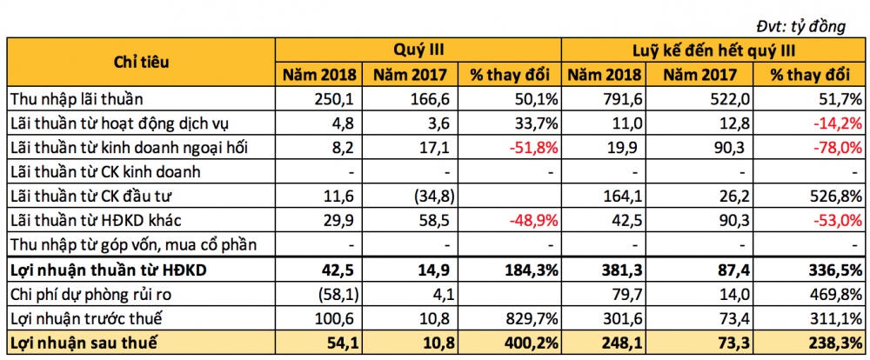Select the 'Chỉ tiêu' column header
point(141,63)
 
